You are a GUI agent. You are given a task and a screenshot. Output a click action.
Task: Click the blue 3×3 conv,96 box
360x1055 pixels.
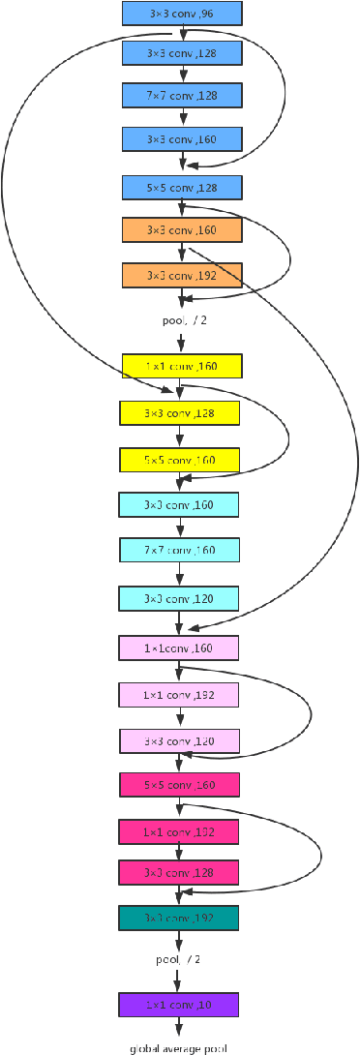(182, 14)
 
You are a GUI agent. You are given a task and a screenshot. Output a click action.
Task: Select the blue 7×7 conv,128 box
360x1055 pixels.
(182, 95)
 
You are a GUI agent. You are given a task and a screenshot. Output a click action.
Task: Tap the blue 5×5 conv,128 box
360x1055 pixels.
(182, 186)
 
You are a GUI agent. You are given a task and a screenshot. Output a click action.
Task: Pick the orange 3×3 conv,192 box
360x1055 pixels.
(182, 275)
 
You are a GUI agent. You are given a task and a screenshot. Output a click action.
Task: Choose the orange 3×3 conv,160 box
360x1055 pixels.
(182, 230)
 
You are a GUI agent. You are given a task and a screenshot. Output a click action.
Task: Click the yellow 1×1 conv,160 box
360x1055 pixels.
(182, 367)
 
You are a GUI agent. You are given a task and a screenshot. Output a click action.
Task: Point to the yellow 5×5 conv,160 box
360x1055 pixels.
(179, 459)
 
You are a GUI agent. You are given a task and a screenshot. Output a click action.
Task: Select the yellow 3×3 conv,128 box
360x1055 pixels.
(179, 413)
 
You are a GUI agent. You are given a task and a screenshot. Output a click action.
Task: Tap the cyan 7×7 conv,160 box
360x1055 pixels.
(179, 551)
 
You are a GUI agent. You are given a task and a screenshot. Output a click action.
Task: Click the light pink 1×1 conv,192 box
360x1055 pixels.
(179, 694)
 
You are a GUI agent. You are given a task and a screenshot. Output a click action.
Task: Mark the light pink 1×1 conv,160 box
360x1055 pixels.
(179, 648)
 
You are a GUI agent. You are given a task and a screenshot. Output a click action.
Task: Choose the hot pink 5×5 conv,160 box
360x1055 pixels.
(179, 785)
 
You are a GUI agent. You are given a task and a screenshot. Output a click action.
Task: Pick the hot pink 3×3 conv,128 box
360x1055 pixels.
(179, 872)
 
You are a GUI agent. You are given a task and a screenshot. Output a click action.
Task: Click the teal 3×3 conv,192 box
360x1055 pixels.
(179, 918)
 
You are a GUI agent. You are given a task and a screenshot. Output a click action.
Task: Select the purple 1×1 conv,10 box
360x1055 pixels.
(179, 1005)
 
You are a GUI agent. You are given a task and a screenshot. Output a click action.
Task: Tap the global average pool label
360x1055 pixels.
(179, 1047)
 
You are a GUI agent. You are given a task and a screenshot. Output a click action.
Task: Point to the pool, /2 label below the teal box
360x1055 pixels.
(179, 960)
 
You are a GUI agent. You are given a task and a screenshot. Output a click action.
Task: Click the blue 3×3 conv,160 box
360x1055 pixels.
(182, 139)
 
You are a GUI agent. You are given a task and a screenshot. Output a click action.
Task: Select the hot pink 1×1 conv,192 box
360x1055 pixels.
(179, 830)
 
